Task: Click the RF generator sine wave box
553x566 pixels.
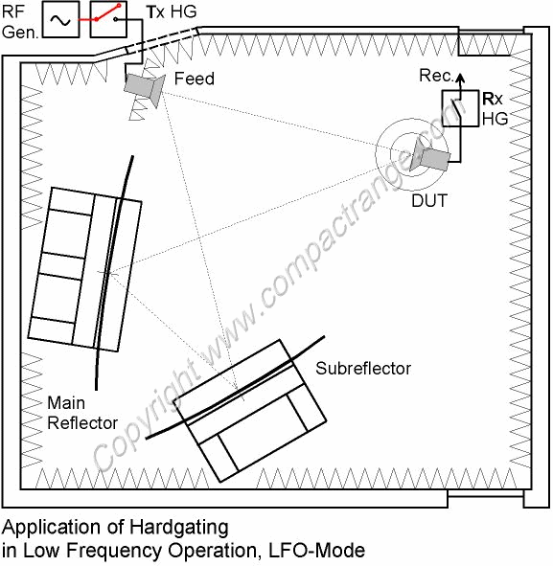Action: click(60, 19)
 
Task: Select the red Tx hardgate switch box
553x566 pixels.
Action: click(108, 19)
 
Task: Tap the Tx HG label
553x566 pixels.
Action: click(172, 11)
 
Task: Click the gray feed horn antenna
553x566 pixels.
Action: click(145, 88)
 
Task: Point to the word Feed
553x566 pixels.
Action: click(194, 79)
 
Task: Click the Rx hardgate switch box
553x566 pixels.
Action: click(461, 108)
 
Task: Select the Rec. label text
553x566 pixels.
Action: click(436, 76)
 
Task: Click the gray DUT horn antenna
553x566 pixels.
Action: click(430, 156)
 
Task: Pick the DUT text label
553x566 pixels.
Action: click(429, 201)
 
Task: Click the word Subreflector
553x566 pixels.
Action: click(363, 369)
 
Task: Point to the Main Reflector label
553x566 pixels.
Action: click(82, 413)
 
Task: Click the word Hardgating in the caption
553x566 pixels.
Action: click(179, 529)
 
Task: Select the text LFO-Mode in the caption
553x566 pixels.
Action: click(317, 551)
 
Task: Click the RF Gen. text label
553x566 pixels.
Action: click(20, 22)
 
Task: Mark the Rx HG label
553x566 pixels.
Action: click(495, 108)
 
